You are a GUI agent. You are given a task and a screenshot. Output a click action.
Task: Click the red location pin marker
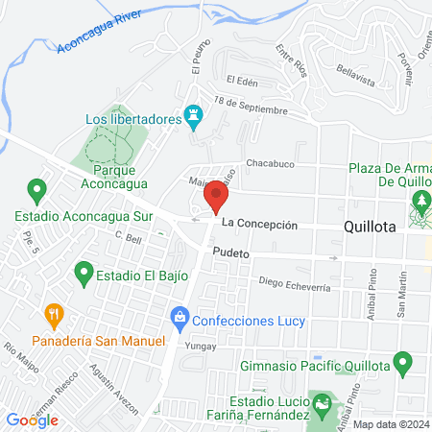coord(217,200)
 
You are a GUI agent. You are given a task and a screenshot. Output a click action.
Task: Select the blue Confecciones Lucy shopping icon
coord(179,317)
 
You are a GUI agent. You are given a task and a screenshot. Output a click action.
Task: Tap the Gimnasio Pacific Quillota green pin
coord(403,364)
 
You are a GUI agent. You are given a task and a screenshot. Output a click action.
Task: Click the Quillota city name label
coord(375,227)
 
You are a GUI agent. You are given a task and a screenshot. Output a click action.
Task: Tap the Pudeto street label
coord(231,253)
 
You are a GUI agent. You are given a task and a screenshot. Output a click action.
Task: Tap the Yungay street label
coord(197,342)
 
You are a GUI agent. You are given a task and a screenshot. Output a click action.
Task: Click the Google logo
coord(32,420)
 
